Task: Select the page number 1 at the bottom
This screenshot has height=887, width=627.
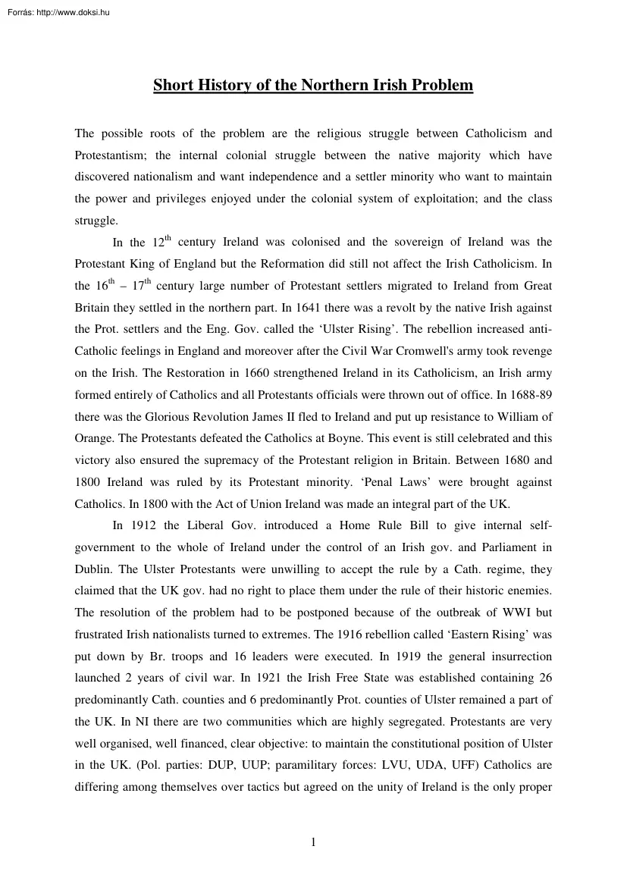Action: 313,842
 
